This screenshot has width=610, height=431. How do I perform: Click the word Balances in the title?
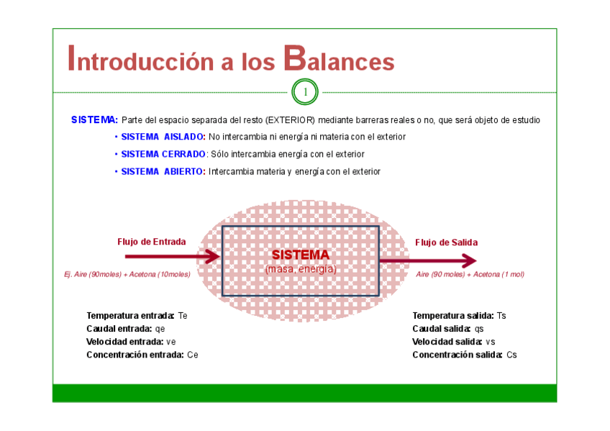[x=339, y=60]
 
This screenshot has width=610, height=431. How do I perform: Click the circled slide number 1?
[x=305, y=92]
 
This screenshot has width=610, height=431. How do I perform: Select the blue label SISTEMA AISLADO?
[x=163, y=137]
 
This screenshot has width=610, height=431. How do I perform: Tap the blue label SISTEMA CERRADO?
[x=163, y=154]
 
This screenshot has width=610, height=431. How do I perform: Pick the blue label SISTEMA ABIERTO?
[x=163, y=171]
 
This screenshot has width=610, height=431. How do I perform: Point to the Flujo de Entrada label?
[x=151, y=242]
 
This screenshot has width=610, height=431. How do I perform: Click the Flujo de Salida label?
[x=446, y=242]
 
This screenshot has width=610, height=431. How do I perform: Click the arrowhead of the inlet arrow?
[x=214, y=257]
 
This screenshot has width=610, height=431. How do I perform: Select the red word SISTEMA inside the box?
[x=301, y=255]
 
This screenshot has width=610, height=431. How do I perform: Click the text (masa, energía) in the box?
[x=301, y=268]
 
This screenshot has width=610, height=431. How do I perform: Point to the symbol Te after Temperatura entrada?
[x=183, y=315]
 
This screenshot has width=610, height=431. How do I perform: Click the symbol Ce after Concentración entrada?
[x=192, y=355]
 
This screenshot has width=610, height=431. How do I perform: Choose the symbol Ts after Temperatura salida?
[x=501, y=315]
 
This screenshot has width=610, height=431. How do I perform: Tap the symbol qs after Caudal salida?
[x=479, y=328]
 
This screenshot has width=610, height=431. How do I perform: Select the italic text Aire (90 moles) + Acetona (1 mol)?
[x=470, y=274]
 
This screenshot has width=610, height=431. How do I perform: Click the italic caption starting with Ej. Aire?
[x=127, y=274]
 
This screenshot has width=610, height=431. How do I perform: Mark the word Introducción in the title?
[x=137, y=60]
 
